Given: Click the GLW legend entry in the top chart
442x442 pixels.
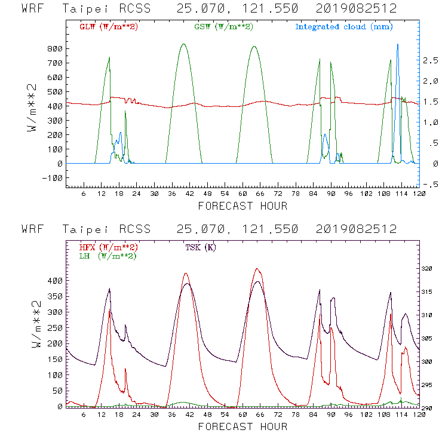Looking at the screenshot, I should (109, 27).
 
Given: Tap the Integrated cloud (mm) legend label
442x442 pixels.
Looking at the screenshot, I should (343, 27).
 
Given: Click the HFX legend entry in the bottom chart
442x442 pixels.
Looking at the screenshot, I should (108, 247).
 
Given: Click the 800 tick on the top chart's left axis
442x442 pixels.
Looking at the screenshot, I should (55, 48).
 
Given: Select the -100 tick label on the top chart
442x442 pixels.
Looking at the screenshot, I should (53, 178).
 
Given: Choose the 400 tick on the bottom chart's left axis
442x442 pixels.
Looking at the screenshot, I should (56, 280).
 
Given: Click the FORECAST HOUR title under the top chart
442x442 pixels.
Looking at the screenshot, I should (242, 206).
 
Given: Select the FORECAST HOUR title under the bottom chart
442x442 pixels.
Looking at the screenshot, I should (242, 426).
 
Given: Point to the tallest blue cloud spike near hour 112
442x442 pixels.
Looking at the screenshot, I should (397, 45).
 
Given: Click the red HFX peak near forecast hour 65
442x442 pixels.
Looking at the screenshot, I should (257, 269).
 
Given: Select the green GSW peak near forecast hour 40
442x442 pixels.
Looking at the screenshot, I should (183, 44).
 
